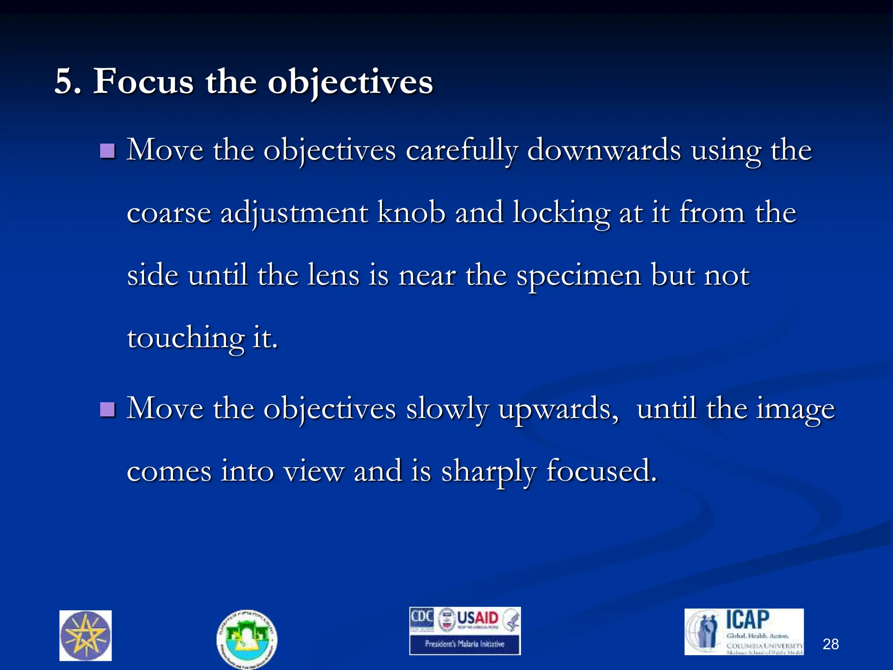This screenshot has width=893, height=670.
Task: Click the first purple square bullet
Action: tap(107, 151)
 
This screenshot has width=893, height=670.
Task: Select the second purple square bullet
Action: tap(107, 410)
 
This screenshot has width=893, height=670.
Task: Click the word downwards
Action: tap(604, 150)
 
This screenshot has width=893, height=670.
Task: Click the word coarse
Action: tap(169, 214)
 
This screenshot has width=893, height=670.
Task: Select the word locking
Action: tap(561, 214)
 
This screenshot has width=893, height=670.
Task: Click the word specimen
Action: tap(579, 277)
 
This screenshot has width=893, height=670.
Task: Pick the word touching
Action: tap(185, 339)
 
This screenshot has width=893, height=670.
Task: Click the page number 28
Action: tap(830, 644)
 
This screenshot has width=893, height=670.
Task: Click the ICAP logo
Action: tap(744, 631)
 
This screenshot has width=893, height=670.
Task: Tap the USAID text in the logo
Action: tap(477, 618)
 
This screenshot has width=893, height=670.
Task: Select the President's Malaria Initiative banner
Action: tap(464, 644)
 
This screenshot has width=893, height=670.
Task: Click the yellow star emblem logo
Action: tap(85, 636)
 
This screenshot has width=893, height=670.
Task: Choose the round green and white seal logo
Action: tap(247, 639)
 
